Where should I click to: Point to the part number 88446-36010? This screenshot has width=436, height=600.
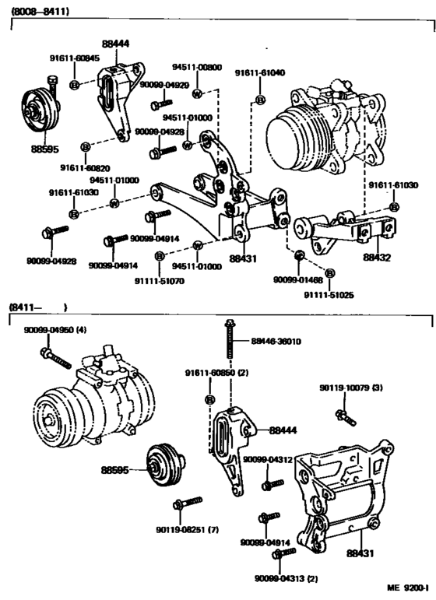(x=276, y=341)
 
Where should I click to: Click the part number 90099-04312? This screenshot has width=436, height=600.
(x=267, y=460)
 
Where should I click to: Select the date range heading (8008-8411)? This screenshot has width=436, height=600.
(x=39, y=12)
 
